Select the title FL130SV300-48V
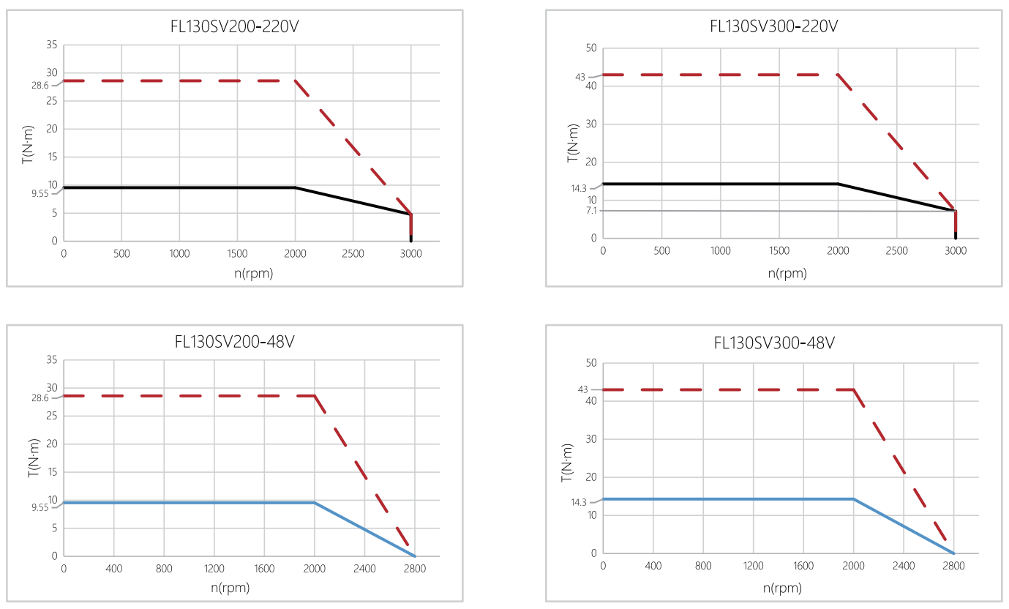coord(774,343)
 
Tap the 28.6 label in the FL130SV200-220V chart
coord(40,86)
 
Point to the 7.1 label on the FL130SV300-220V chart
coord(591,211)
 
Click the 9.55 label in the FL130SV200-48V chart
coord(40,507)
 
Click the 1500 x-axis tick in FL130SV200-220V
coord(237,254)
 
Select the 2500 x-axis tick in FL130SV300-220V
coord(897,250)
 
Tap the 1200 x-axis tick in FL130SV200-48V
coord(214,569)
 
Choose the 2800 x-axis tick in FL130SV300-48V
coord(953,566)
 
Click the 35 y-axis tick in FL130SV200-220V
coord(51,45)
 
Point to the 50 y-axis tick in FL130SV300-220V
coord(591,48)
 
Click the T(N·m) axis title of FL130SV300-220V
coord(573,143)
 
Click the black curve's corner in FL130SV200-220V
coord(295,187)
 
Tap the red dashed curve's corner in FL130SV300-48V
coord(853,389)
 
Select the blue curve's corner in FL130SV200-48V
coord(315,503)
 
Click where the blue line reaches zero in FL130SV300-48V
coord(953,553)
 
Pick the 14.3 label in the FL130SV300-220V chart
coord(579,188)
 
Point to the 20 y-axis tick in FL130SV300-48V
coord(591,477)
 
